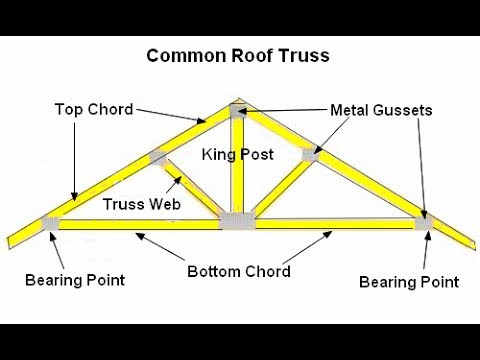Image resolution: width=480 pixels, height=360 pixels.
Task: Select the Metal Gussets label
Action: click(381, 109)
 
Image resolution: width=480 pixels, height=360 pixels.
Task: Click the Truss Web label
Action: click(141, 204)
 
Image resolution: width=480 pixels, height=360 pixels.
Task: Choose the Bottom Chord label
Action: click(239, 271)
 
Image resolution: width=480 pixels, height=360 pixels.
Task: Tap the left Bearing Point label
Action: click(75, 279)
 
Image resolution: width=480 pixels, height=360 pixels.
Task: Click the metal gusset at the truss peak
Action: click(238, 111)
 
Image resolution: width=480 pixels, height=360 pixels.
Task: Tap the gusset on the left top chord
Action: click(157, 158)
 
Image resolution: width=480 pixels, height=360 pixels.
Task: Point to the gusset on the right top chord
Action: click(310, 155)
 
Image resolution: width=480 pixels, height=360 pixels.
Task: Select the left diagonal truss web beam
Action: click(190, 190)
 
